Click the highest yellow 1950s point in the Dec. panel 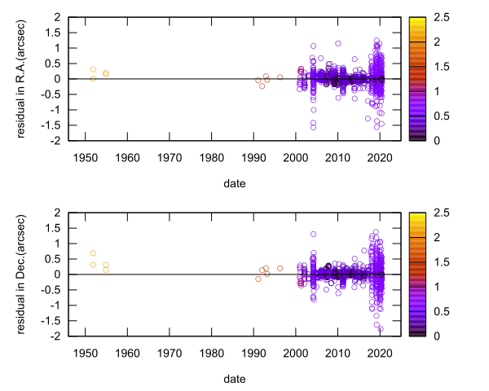point(93,253)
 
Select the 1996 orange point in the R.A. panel point(280,77)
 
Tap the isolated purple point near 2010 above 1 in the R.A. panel point(337,44)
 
